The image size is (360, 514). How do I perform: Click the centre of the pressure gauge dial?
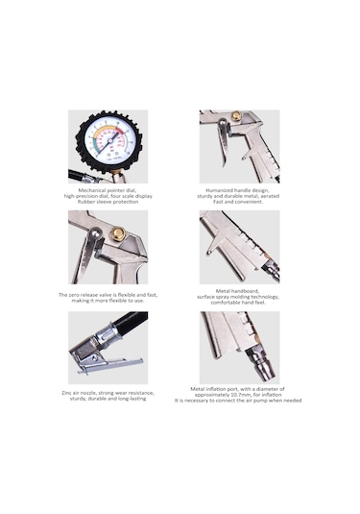point(108,144)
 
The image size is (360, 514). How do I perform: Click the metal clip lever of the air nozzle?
point(106,366)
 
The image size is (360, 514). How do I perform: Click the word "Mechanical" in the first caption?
point(88,189)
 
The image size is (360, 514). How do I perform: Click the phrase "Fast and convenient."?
point(239,201)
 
